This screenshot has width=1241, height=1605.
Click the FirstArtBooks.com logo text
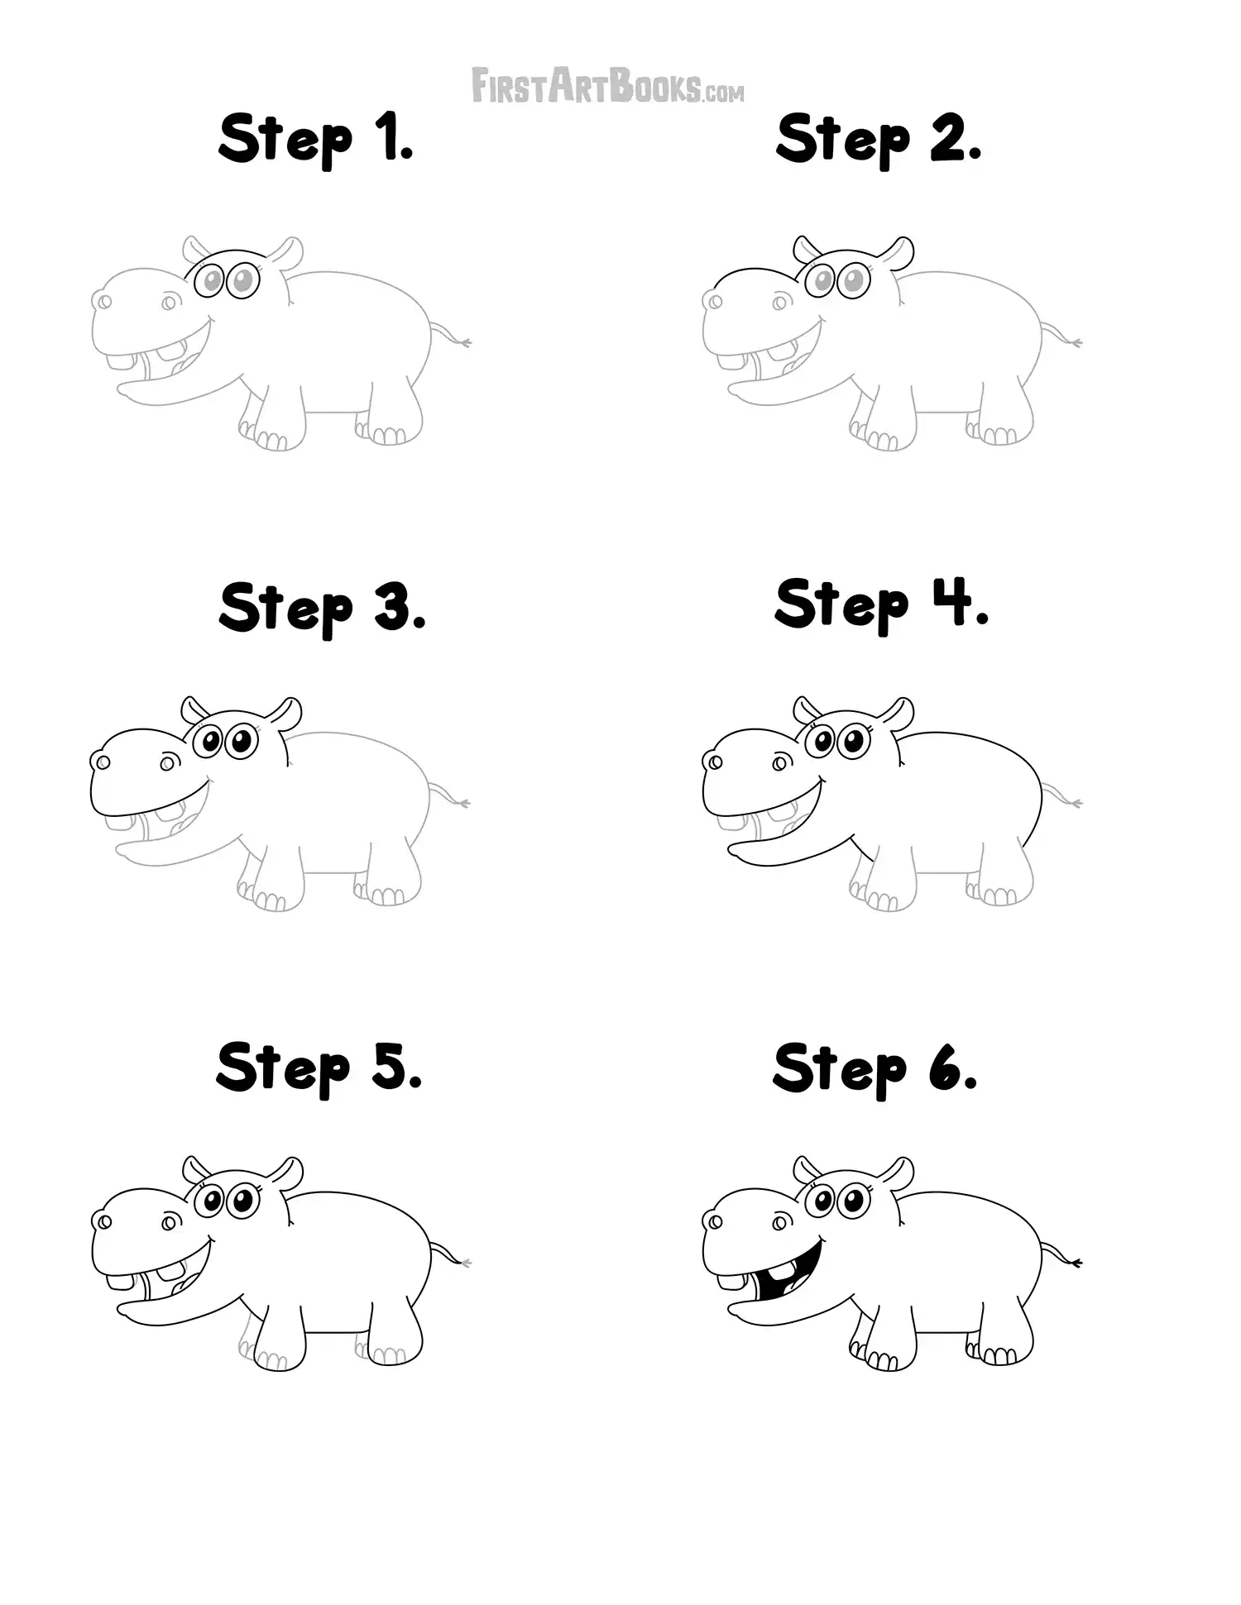pyautogui.click(x=607, y=86)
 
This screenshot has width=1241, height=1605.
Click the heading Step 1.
pyautogui.click(x=315, y=140)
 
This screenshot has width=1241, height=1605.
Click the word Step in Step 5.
pyautogui.click(x=284, y=1068)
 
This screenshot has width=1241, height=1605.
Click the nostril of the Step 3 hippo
pyautogui.click(x=101, y=762)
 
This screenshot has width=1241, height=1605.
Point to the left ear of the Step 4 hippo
pyautogui.click(x=805, y=708)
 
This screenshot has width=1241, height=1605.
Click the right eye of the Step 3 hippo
pyautogui.click(x=241, y=740)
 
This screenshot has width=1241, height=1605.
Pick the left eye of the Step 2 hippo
pyautogui.click(x=823, y=282)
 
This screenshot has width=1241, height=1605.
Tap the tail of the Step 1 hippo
pyautogui.click(x=451, y=335)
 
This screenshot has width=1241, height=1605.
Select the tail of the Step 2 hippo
pyautogui.click(x=1061, y=335)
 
